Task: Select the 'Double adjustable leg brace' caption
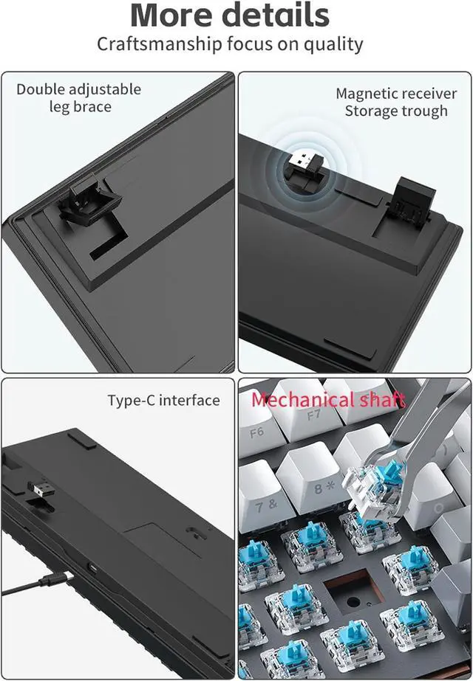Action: click(x=79, y=97)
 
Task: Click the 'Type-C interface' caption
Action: click(x=163, y=401)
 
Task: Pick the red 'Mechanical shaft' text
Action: click(x=327, y=400)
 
